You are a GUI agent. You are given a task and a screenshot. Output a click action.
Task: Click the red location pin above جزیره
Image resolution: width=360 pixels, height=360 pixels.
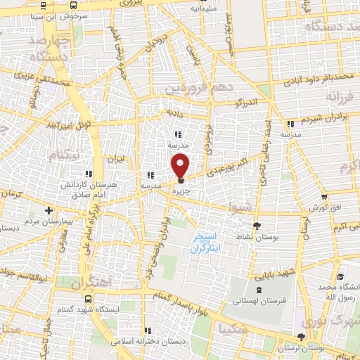click(x=181, y=165)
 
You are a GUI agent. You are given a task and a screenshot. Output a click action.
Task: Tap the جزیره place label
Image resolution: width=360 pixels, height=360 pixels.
click(x=181, y=190)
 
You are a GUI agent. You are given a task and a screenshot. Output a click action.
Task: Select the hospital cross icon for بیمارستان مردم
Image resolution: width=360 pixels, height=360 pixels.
click(x=49, y=210)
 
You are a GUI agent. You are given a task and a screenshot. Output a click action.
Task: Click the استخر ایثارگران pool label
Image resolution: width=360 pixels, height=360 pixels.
click(x=210, y=243)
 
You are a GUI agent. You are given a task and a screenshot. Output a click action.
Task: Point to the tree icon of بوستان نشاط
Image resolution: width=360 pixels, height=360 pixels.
click(x=257, y=226)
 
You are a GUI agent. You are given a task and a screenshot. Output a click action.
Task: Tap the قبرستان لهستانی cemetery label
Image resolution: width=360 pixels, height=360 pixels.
click(x=259, y=301)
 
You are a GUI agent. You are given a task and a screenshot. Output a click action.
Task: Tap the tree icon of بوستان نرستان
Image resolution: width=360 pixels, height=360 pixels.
click(x=302, y=338)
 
